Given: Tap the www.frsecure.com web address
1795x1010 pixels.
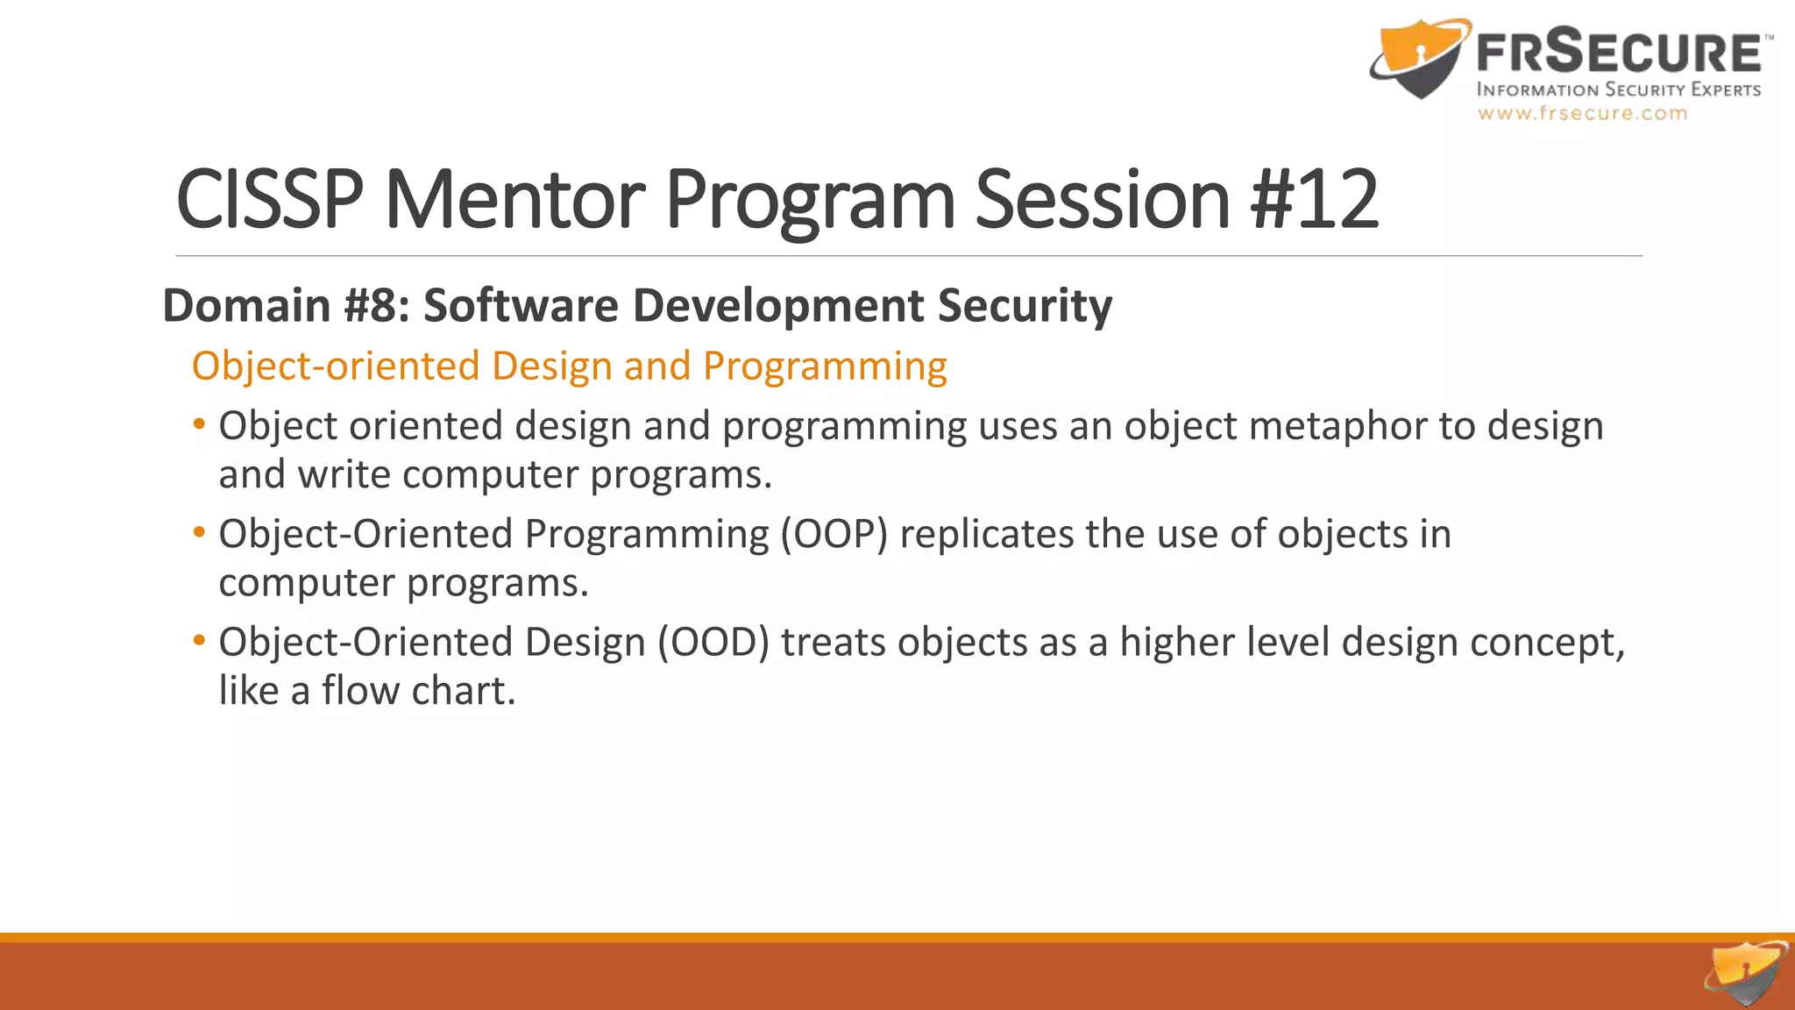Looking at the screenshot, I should click(1582, 113).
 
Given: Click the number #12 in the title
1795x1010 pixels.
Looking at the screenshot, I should click(1314, 200).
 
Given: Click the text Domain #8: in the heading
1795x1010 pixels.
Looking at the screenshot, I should click(286, 305).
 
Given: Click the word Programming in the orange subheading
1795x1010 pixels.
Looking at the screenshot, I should click(825, 366).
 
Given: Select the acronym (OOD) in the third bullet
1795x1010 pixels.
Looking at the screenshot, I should click(713, 643).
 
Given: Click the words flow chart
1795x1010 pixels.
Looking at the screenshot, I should click(418, 691).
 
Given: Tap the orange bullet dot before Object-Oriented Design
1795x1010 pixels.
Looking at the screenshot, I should click(200, 640).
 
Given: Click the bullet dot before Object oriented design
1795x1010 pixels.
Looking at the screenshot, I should click(200, 424).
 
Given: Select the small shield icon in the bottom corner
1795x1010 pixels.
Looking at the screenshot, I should click(1746, 973).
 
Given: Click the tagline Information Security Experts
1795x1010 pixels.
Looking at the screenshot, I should click(1618, 89).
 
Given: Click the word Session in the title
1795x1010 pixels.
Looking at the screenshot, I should click(1103, 200).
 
